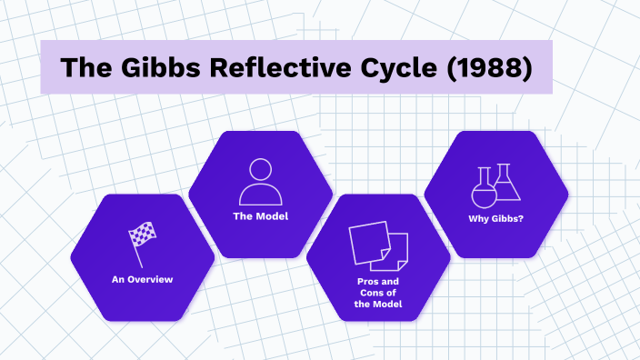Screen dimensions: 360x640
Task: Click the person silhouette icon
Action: click(x=260, y=181)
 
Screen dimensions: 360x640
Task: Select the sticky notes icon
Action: click(x=377, y=244)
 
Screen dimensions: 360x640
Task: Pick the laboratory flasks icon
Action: click(x=495, y=185)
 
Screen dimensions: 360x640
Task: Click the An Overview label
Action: click(x=142, y=280)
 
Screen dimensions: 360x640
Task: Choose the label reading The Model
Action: click(x=260, y=216)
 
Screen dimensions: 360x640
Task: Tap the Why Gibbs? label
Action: click(x=495, y=219)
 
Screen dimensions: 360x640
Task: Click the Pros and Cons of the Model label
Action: click(x=377, y=292)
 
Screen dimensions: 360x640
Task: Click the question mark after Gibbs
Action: click(x=521, y=219)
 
